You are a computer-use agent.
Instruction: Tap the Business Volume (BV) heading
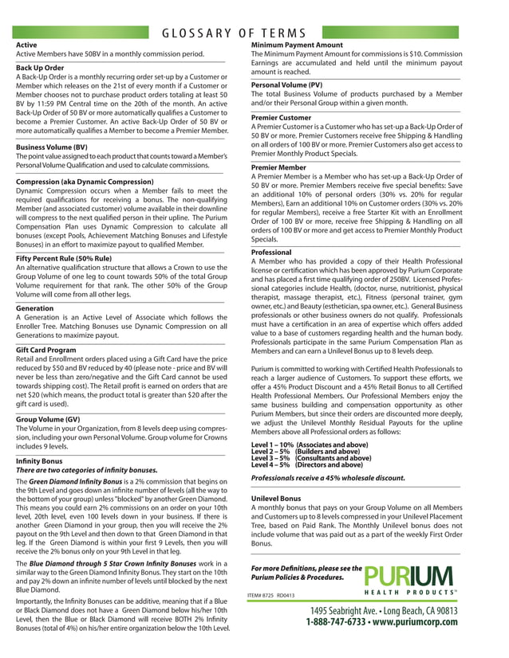tap(51, 147)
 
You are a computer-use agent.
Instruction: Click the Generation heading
tap(35, 307)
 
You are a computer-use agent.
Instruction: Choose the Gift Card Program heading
tap(47, 350)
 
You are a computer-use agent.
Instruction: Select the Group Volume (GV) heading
tap(48, 419)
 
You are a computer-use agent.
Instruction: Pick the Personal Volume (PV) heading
tap(286, 84)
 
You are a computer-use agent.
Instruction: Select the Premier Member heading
tap(278, 167)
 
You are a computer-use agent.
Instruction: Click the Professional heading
tap(271, 251)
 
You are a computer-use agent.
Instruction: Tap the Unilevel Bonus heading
tap(275, 498)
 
